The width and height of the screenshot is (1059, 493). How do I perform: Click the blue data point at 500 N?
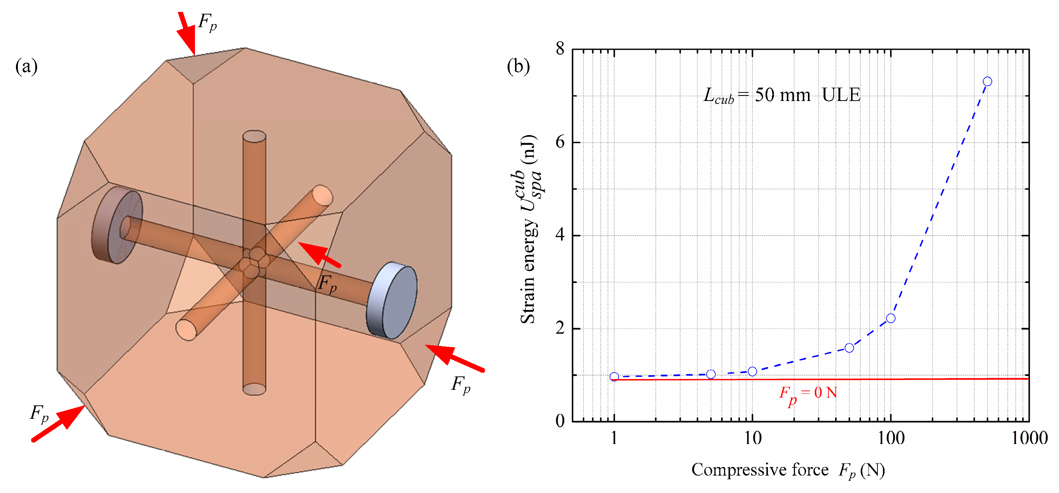coord(987,81)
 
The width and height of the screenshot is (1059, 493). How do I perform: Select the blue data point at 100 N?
coord(890,318)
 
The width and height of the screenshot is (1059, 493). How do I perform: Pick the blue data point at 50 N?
coord(849,348)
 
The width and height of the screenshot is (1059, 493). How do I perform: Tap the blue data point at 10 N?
coord(752,371)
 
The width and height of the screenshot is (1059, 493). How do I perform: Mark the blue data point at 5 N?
coord(710,374)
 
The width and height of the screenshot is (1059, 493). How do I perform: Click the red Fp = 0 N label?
coord(808,394)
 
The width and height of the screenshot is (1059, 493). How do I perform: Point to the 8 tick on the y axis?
coord(560,49)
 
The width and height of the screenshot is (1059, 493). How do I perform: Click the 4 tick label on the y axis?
coord(560,235)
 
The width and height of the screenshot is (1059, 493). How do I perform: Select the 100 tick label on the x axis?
coord(890,438)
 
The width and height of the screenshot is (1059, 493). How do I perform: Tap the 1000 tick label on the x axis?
coord(1029,438)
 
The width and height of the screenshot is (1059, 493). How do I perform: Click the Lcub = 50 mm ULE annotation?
coord(781,95)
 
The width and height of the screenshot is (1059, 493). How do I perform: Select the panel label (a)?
coord(26,66)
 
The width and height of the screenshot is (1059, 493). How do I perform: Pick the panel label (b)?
coord(518,66)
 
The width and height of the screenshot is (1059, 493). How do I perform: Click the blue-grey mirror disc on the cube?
coord(392,301)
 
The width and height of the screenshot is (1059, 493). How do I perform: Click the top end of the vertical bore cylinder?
coord(254,137)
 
